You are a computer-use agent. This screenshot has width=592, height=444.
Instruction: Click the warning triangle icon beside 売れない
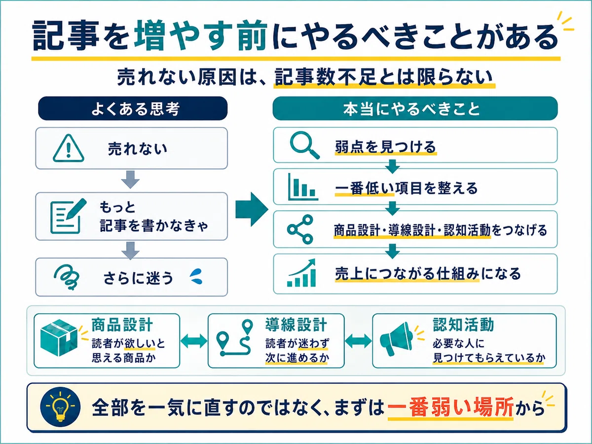tap(68, 148)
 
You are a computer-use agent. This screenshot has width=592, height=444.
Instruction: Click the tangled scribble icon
tap(67, 277)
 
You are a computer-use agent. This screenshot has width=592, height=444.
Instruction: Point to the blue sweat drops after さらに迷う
tap(196, 276)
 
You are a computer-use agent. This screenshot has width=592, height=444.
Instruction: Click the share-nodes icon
tap(300, 229)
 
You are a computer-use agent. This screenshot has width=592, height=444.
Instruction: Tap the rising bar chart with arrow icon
tap(301, 272)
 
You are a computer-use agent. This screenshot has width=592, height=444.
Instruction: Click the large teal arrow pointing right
tap(252, 209)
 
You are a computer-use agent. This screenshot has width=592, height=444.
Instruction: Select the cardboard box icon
tap(59, 337)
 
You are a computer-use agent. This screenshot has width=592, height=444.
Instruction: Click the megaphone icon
tap(396, 339)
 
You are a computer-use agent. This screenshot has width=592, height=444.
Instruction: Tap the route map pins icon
tap(235, 338)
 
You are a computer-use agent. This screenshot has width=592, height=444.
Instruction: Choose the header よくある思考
tap(133, 109)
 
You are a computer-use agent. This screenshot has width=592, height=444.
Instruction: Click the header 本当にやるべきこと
tap(415, 109)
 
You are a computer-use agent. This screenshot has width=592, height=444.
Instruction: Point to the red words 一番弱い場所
tap(450, 407)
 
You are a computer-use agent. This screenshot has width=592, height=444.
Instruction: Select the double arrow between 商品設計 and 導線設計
tap(194, 341)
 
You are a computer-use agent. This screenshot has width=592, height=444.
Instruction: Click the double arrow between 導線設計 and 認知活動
tap(358, 341)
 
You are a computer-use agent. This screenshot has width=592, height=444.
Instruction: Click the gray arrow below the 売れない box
tap(130, 179)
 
